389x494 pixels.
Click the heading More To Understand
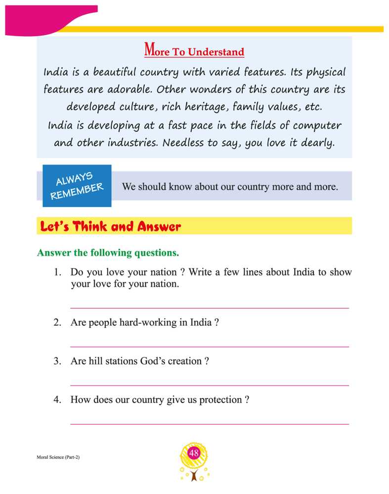coord(194,51)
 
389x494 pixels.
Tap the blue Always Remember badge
coord(77,186)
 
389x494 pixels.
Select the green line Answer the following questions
coord(108,253)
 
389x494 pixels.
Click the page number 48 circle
coord(194,453)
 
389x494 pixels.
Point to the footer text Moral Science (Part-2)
coord(58,457)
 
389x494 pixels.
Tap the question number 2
coord(57,323)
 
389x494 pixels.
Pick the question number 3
coord(57,361)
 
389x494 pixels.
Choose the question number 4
coord(57,400)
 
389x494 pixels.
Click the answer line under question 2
coord(210,346)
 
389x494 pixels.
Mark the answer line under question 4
coord(210,423)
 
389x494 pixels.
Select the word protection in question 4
coord(220,400)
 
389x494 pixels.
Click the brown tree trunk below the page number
coord(194,475)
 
